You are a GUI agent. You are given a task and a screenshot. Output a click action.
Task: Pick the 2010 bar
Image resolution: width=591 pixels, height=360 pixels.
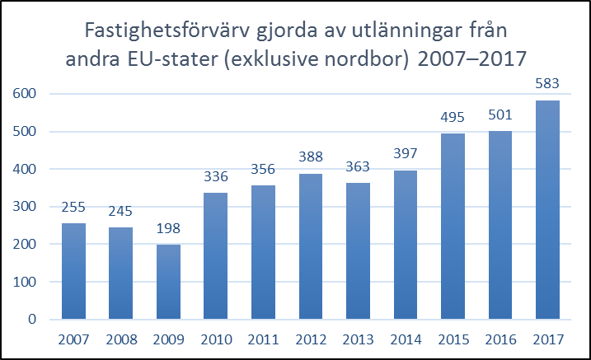pyautogui.click(x=215, y=255)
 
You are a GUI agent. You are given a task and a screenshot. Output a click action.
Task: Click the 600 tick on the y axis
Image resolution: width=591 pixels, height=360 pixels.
pyautogui.click(x=25, y=94)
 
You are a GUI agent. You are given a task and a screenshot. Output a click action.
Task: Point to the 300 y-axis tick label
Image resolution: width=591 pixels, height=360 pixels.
pyautogui.click(x=25, y=207)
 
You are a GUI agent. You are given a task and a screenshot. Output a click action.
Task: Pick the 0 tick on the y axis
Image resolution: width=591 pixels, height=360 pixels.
pyautogui.click(x=32, y=320)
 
